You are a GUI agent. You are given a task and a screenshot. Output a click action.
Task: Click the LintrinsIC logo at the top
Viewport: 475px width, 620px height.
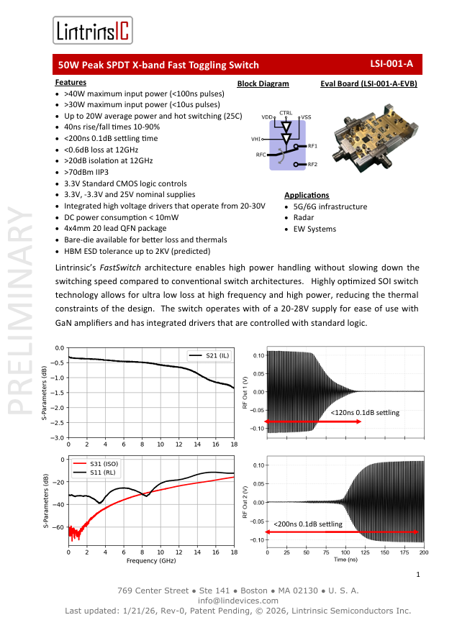93,31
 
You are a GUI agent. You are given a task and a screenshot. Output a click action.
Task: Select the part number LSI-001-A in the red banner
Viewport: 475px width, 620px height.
392,64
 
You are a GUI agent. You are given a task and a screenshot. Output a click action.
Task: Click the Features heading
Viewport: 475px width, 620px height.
71,83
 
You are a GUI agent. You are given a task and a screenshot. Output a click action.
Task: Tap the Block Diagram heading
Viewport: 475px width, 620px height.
263,84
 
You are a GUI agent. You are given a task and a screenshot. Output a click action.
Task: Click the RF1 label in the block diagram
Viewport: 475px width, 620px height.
312,146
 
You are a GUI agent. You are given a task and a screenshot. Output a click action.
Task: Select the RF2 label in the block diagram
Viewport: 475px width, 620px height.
312,165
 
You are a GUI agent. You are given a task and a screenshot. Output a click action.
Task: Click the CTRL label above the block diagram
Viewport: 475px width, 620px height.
286,113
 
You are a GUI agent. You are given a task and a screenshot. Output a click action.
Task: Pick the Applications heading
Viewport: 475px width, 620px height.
307,195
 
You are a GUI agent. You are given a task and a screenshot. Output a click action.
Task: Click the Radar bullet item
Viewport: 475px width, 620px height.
303,217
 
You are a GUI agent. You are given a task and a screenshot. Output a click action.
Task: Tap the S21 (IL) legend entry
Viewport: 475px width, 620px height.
215,355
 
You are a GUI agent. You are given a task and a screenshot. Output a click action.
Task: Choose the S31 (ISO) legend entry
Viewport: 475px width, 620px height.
104,464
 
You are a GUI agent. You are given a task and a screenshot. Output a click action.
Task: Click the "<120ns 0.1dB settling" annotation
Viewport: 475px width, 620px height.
364,413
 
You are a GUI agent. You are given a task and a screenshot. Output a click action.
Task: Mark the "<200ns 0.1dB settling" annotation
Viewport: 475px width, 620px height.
307,524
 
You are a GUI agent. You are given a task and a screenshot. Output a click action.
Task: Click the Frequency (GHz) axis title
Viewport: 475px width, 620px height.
151,560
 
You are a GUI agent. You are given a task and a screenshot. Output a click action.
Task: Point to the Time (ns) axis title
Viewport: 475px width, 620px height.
345,560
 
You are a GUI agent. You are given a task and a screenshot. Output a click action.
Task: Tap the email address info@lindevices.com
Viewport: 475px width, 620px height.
237,601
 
